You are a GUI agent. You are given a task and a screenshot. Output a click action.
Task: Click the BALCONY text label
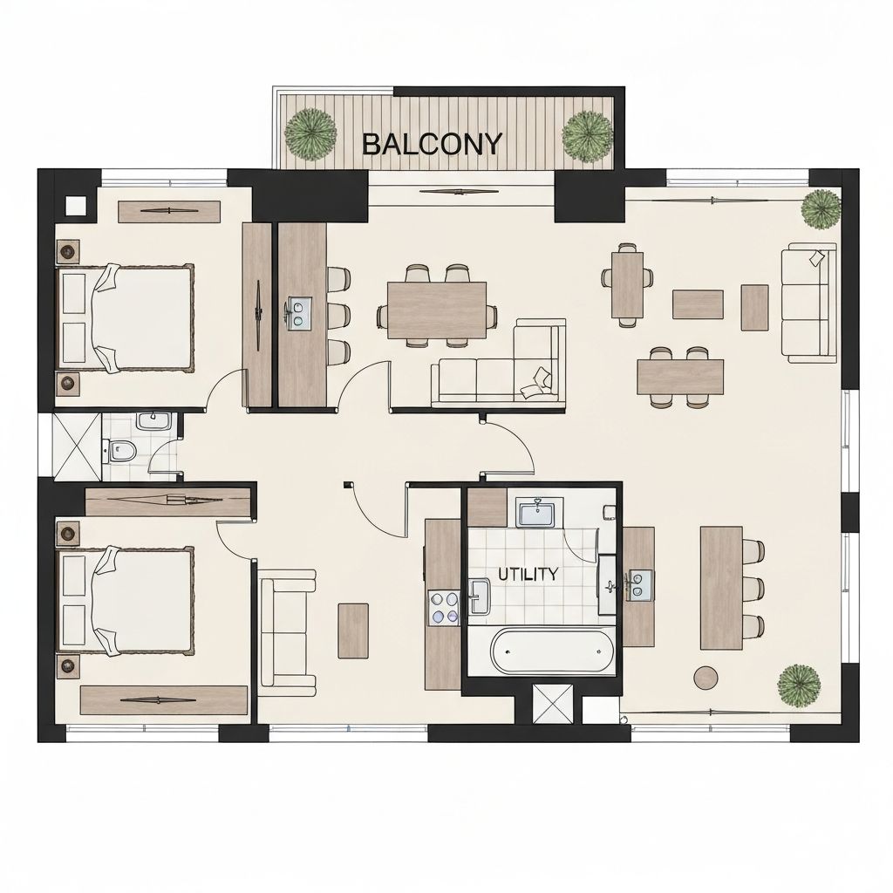pyautogui.click(x=432, y=143)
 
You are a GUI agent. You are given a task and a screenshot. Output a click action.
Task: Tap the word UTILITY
pyautogui.click(x=528, y=574)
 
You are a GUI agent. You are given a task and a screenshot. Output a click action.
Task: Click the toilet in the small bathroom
pyautogui.click(x=122, y=452)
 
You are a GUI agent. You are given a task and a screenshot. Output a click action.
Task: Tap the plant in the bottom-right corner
pyautogui.click(x=799, y=685)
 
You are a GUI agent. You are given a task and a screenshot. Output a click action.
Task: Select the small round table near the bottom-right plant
pyautogui.click(x=706, y=677)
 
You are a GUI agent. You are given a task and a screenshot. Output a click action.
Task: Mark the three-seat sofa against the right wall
pyautogui.click(x=808, y=303)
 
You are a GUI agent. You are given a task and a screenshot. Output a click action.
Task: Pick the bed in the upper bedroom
pyautogui.click(x=126, y=317)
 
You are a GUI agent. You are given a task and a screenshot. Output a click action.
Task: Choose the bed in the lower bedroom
pyautogui.click(x=126, y=599)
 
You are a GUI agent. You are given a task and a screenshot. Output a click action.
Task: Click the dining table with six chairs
pyautogui.click(x=437, y=309)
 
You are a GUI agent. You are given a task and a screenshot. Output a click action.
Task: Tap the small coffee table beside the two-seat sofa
pyautogui.click(x=353, y=631)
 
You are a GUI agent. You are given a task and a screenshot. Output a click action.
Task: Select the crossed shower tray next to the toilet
pyautogui.click(x=77, y=446)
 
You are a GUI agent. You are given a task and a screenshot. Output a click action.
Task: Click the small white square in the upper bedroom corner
pyautogui.click(x=77, y=206)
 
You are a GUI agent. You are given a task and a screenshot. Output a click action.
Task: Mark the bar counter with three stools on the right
pyautogui.click(x=721, y=587)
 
